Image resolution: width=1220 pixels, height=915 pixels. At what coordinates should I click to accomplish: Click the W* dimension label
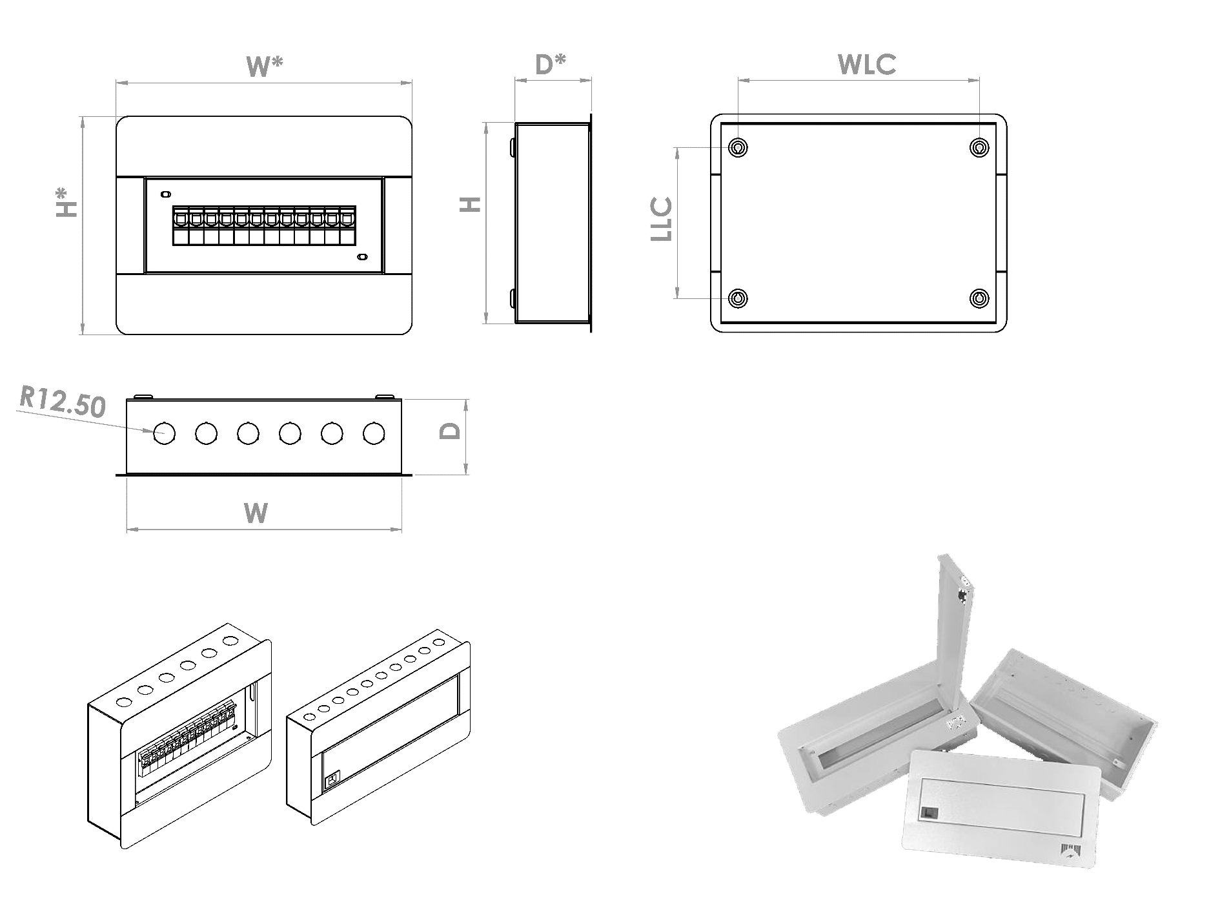[x=265, y=66]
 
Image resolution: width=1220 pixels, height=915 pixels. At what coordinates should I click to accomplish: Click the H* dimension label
[x=66, y=201]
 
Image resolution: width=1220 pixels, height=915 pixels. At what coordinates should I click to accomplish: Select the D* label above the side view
[x=551, y=64]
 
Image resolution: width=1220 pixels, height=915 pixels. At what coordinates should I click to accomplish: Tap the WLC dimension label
[x=866, y=64]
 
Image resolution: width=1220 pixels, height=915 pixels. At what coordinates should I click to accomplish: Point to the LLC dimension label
[x=662, y=220]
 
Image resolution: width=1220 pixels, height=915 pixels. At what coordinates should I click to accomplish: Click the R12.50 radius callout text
[x=62, y=403]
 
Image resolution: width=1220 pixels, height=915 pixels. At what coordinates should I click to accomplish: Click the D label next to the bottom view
[x=451, y=431]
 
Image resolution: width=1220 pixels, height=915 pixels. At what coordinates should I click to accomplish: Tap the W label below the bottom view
[x=256, y=513]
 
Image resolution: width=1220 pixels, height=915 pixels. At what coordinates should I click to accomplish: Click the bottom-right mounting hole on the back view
[x=980, y=298]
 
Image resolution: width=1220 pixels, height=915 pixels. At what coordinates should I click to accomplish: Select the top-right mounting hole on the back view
[x=980, y=148]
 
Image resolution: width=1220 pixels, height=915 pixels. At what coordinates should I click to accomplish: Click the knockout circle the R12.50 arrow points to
[x=164, y=433]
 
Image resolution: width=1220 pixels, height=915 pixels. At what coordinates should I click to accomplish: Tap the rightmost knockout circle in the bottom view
[x=374, y=433]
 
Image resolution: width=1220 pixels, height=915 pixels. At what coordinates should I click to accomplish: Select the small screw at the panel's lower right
[x=361, y=257]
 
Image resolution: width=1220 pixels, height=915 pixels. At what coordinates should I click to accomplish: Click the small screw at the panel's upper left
[x=165, y=194]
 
